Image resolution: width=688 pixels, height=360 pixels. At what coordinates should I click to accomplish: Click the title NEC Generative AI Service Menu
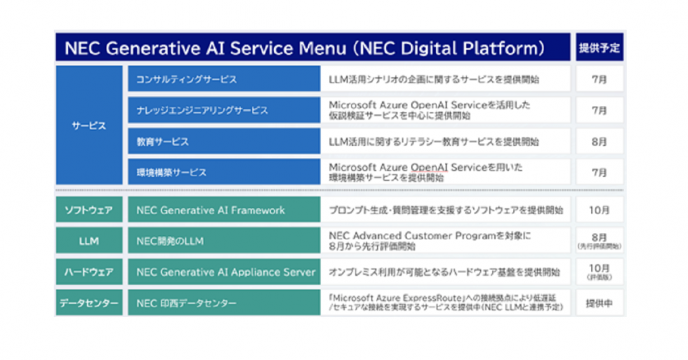[304, 48]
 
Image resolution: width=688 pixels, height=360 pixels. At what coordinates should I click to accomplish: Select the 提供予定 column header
[600, 48]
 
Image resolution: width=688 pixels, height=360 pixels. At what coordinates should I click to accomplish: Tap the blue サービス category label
[88, 126]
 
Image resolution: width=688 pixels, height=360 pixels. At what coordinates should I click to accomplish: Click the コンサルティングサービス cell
[223, 79]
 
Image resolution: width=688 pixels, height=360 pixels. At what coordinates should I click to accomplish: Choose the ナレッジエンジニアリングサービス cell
[223, 110]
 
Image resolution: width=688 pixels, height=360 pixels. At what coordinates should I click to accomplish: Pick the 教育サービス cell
[223, 142]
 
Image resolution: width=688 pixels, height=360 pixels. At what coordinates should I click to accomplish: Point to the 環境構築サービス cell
[223, 172]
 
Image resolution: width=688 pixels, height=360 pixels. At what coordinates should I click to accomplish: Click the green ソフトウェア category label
[88, 210]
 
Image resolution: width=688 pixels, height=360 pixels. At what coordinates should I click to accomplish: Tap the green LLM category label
[88, 241]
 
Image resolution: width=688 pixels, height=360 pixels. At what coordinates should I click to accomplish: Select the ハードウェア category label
[88, 272]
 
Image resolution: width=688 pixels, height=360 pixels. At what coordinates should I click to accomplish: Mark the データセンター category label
[88, 303]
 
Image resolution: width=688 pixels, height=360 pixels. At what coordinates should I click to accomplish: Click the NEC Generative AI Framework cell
[223, 210]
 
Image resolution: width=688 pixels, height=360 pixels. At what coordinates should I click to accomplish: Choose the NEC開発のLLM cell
[223, 241]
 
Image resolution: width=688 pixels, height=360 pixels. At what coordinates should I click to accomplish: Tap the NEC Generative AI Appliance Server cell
[223, 272]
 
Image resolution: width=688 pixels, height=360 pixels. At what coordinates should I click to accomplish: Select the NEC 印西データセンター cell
[223, 303]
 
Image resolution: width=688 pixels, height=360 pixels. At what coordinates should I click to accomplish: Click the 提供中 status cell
[600, 303]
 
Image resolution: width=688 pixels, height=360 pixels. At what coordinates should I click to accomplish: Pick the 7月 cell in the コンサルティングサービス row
[600, 79]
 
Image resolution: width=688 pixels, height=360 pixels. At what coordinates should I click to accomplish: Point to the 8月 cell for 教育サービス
[600, 142]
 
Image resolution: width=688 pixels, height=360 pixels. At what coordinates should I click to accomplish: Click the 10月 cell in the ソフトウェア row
[600, 210]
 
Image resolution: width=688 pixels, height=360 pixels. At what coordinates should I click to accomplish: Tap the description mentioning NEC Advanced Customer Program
[445, 241]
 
